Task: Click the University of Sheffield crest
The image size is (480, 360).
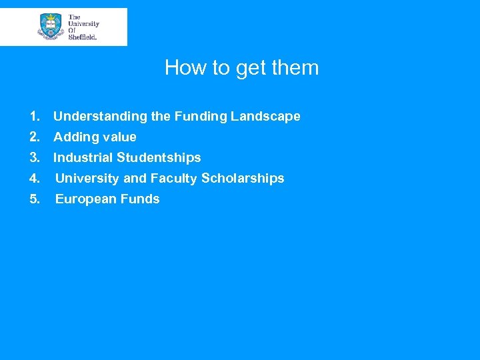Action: (50, 27)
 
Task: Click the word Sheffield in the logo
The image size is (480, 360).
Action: (83, 37)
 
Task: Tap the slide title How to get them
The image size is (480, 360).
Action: (242, 68)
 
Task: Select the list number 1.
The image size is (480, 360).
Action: (35, 117)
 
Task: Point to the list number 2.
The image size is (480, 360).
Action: (35, 137)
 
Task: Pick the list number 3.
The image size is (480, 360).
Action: (35, 158)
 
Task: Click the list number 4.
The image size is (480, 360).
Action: (35, 179)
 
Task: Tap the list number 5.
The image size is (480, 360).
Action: (35, 199)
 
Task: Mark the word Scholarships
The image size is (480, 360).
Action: (243, 179)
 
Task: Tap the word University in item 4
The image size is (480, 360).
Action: (87, 179)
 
